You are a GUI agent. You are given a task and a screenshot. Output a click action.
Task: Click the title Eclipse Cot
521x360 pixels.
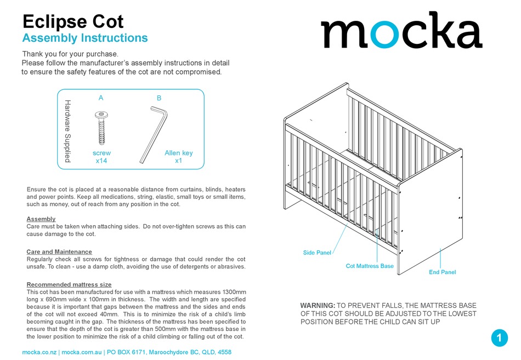(73, 21)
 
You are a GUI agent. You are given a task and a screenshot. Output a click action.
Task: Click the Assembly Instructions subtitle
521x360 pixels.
(84, 38)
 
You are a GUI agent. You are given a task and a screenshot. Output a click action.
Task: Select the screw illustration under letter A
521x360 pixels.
(101, 129)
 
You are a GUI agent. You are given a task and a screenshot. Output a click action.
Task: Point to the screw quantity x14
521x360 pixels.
(101, 161)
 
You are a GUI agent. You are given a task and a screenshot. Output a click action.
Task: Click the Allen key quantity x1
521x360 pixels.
(178, 161)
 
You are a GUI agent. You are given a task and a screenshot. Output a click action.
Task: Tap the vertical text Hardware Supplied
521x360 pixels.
(68, 131)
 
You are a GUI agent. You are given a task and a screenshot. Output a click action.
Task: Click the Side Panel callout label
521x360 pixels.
(317, 253)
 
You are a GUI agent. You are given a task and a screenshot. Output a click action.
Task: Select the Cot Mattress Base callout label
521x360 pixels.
(370, 266)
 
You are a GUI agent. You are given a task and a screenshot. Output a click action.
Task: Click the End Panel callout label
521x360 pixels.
(442, 272)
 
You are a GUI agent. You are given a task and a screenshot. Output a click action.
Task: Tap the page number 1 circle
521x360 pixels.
(499, 338)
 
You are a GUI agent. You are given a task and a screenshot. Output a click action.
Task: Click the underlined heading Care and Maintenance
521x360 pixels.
(59, 252)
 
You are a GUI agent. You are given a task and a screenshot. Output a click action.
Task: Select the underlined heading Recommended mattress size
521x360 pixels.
(69, 285)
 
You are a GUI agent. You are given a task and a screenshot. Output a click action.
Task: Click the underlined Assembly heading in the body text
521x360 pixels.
(41, 219)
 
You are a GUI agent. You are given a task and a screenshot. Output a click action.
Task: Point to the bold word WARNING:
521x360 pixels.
(318, 306)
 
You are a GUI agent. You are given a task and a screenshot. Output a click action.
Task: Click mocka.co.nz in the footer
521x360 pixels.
(40, 352)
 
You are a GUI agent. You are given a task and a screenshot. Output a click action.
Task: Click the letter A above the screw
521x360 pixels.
(101, 98)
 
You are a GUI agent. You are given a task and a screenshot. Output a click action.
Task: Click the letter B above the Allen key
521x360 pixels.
(159, 98)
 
